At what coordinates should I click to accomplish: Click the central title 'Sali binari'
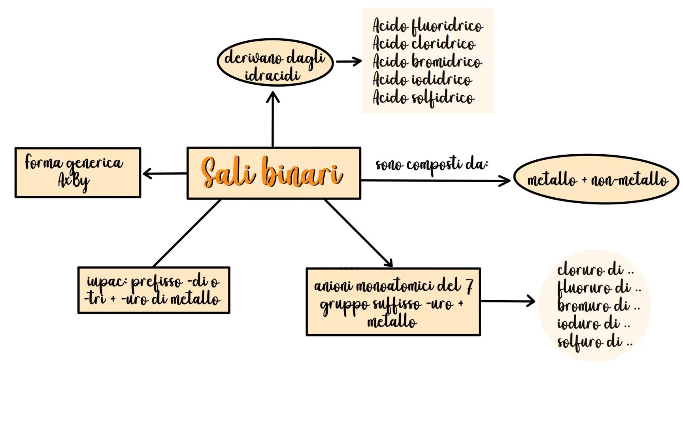[272, 173]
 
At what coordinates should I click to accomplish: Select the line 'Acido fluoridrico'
[427, 26]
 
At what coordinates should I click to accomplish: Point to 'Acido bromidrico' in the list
[427, 62]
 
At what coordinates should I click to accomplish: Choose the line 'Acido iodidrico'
[422, 79]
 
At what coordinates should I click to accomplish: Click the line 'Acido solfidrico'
[423, 98]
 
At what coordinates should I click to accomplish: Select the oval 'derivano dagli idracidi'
[275, 62]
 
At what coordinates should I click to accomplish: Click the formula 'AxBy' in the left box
[74, 181]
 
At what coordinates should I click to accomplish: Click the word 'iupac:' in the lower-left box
[106, 282]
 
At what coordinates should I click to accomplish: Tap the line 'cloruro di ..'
[595, 270]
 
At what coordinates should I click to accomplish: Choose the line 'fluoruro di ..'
[598, 288]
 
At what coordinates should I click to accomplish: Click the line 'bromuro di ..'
[598, 306]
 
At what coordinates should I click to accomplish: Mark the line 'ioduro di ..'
[593, 324]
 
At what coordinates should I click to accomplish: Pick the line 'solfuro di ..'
[594, 342]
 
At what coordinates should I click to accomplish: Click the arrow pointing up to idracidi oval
[273, 119]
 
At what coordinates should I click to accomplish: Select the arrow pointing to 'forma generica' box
[164, 173]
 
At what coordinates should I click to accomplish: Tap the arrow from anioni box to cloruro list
[508, 302]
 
